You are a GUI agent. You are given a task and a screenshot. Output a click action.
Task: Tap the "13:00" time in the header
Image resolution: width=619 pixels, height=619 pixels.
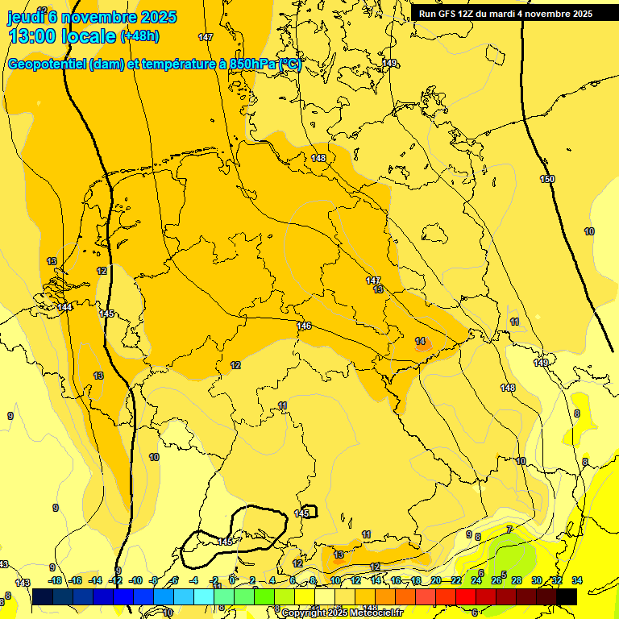[x=34, y=36]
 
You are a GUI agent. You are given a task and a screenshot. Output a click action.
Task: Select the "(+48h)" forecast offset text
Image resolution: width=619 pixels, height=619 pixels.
[x=139, y=36]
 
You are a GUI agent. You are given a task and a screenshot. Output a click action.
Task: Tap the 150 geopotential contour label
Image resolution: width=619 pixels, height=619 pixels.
[x=547, y=179]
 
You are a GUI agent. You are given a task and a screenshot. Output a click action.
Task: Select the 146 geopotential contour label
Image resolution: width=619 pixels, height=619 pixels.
[x=304, y=326]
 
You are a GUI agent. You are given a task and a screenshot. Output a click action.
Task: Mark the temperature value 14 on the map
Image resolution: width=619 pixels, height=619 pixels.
[x=420, y=341]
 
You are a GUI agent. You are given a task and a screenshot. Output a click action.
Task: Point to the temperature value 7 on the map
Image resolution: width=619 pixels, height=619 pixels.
[x=509, y=529]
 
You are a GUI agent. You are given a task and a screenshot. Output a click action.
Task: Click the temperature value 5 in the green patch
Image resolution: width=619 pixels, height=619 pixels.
[x=504, y=574]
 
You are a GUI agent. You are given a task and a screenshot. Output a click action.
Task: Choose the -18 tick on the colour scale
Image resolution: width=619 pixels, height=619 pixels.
[x=55, y=580]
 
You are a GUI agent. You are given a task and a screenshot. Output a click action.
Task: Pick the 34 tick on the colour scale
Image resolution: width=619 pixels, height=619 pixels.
[x=577, y=580]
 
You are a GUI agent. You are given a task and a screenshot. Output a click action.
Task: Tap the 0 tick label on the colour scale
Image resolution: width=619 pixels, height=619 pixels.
[x=232, y=580]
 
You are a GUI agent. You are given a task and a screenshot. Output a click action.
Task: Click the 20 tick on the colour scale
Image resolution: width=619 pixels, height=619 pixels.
[x=436, y=580]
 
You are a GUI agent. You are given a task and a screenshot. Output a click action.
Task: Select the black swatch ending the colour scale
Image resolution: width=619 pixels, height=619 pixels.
[x=567, y=596]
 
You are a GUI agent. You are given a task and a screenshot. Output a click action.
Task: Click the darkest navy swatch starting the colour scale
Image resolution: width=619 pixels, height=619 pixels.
[x=43, y=596]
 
